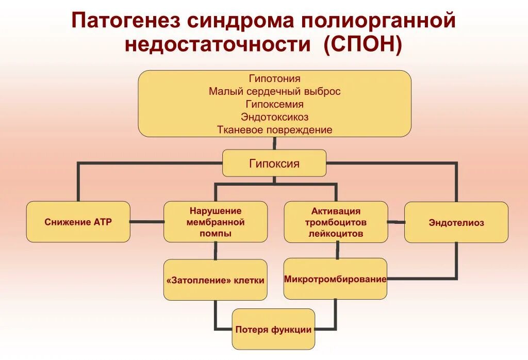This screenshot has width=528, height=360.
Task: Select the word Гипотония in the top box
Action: point(274,79)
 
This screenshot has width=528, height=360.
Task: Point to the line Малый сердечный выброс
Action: point(274,91)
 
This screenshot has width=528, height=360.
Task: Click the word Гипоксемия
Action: point(274,104)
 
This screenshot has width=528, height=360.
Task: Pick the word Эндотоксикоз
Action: point(274,117)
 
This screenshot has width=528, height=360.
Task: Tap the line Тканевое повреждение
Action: point(274,130)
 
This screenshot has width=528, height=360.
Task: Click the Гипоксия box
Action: point(274,163)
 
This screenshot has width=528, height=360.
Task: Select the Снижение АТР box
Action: point(78,222)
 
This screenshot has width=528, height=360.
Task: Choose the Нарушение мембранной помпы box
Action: point(216,222)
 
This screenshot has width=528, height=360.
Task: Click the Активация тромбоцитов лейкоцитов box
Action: point(336,222)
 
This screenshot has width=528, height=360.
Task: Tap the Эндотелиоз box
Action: point(456,223)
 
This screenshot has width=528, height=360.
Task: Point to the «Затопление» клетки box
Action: point(216,281)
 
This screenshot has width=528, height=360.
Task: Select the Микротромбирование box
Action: point(335,279)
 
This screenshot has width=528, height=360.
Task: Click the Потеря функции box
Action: point(273,330)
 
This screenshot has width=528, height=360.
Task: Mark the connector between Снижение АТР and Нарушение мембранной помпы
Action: point(147,222)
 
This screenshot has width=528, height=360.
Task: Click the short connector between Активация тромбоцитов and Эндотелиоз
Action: point(396,222)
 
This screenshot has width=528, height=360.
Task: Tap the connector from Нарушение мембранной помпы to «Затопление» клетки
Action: point(216,251)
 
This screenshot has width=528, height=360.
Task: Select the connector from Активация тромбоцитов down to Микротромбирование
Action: point(337,251)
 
